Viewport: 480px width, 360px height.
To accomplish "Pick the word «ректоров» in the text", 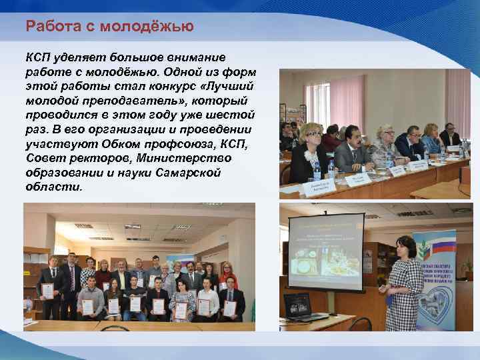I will coord(87,158).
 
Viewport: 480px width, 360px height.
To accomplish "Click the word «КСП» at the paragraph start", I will coord(37,57).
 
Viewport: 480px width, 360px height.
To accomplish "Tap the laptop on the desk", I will coord(297,307).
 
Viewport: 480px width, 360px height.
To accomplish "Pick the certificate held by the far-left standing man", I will coord(47,290).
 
